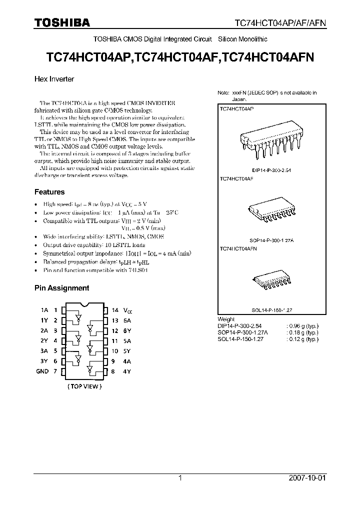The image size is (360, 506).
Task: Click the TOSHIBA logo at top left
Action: tap(62, 22)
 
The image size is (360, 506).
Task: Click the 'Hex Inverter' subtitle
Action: tap(54, 79)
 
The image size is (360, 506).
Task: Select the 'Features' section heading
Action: tap(49, 192)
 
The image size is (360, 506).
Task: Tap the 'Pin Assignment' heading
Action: tap(61, 288)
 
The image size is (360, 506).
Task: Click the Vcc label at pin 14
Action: tap(129, 310)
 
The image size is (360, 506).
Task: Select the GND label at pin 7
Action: tap(42, 371)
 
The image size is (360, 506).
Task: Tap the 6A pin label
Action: tap(127, 320)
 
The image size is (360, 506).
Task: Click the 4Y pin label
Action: tap(127, 371)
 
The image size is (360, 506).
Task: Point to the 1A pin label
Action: tap(44, 310)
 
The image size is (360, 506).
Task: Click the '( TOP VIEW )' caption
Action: tap(84, 386)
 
